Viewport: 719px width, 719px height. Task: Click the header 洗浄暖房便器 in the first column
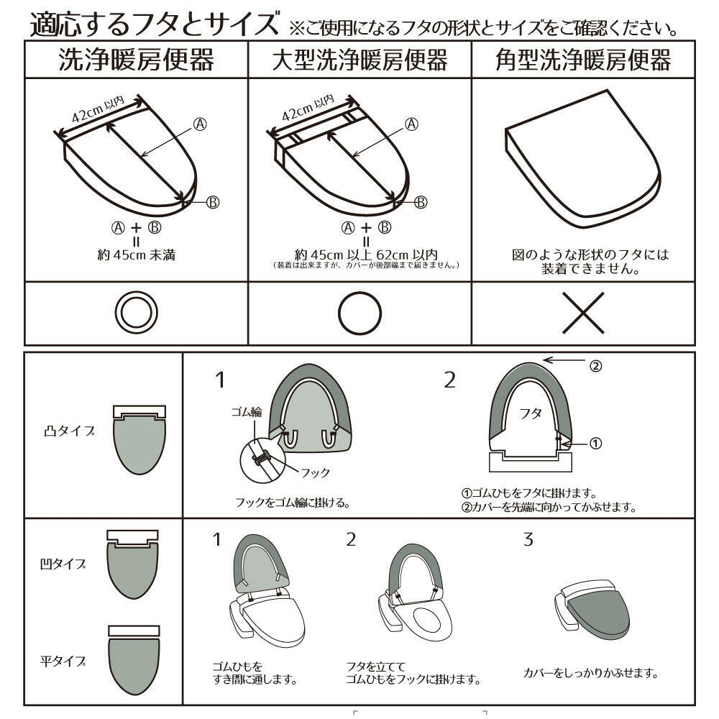137,60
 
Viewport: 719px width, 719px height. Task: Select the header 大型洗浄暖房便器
359,60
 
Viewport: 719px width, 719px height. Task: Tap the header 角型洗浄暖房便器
583,60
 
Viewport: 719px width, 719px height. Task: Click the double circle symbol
137,312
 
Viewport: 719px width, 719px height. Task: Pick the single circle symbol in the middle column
359,312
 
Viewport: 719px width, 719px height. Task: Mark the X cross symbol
583,312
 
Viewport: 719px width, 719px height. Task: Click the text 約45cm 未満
137,254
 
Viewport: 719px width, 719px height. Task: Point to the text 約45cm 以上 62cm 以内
366,254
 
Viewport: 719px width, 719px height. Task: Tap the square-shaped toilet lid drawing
582,155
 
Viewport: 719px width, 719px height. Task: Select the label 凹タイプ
63,565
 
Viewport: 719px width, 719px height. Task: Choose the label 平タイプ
63,661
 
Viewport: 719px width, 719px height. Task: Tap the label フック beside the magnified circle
316,472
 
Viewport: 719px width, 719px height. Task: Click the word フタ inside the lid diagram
531,415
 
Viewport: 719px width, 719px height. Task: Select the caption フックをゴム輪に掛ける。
293,503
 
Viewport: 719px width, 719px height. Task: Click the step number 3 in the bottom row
528,539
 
